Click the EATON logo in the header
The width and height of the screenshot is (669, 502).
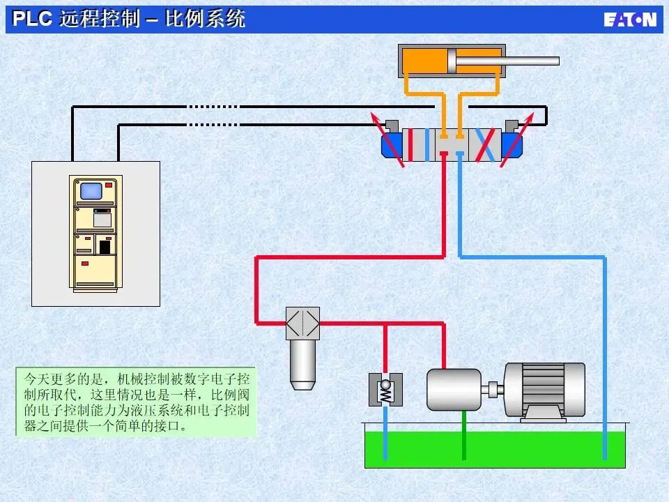629,19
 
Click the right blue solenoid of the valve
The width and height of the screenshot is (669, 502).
512,145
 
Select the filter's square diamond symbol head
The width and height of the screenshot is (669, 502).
302,324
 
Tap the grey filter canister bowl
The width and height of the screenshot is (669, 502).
302,363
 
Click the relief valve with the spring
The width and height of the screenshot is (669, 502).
385,390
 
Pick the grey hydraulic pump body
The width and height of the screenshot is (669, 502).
454,389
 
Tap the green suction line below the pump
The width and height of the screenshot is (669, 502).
463,436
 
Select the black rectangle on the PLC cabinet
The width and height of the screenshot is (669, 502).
105,247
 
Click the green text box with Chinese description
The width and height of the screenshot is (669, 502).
136,402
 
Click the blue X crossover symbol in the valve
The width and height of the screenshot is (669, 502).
489,144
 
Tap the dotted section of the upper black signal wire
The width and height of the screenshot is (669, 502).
212,107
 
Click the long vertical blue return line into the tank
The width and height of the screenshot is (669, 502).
604,356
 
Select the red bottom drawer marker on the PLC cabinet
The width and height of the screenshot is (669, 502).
86,264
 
